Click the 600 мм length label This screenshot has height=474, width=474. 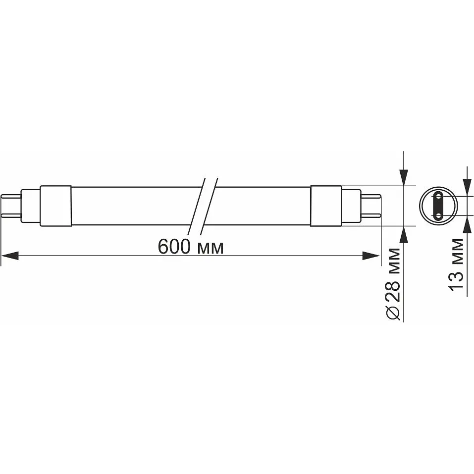pyautogui.click(x=191, y=246)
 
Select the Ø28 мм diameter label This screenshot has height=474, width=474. pyautogui.click(x=394, y=283)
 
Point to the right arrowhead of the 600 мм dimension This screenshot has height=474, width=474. pyautogui.click(x=370, y=256)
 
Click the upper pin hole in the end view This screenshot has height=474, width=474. pyautogui.click(x=437, y=197)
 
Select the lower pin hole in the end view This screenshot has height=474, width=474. pyautogui.click(x=437, y=215)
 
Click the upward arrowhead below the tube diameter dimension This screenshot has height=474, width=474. pyautogui.click(x=404, y=235)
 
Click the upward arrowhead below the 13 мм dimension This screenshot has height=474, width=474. pyautogui.click(x=466, y=225)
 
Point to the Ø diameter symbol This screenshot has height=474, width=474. pyautogui.click(x=394, y=312)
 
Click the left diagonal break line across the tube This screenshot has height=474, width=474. pyautogui.click(x=196, y=206)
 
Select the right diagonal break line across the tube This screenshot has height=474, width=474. pyautogui.click(x=208, y=206)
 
